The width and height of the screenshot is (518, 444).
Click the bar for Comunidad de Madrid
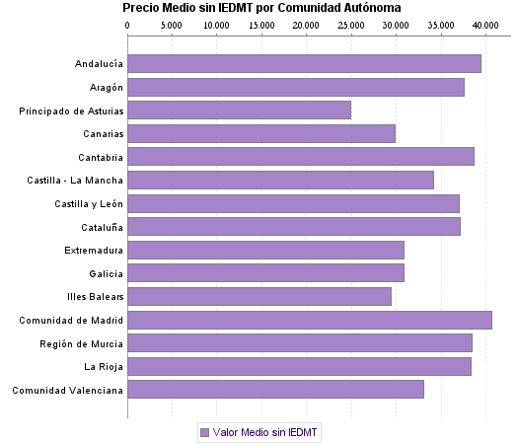point(309,320)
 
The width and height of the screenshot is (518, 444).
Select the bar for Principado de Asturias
point(239,111)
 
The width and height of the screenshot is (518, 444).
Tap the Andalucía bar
point(304,63)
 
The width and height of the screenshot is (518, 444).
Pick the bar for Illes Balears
point(259,296)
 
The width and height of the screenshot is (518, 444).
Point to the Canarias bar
point(261,133)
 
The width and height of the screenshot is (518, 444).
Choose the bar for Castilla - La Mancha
point(280,180)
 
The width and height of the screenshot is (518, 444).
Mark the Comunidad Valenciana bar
point(275,389)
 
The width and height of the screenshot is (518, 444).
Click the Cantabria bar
point(301,156)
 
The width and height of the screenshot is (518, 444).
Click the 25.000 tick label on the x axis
point(350,24)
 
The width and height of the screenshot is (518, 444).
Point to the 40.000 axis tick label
point(484,24)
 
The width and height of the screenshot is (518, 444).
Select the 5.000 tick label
point(172,24)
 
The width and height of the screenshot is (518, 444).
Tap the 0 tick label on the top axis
point(128,24)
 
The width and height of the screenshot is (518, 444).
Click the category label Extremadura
point(94,250)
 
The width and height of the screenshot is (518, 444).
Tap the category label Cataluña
point(101,226)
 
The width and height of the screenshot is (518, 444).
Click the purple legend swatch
point(204,432)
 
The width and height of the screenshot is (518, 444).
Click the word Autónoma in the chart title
point(366,7)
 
